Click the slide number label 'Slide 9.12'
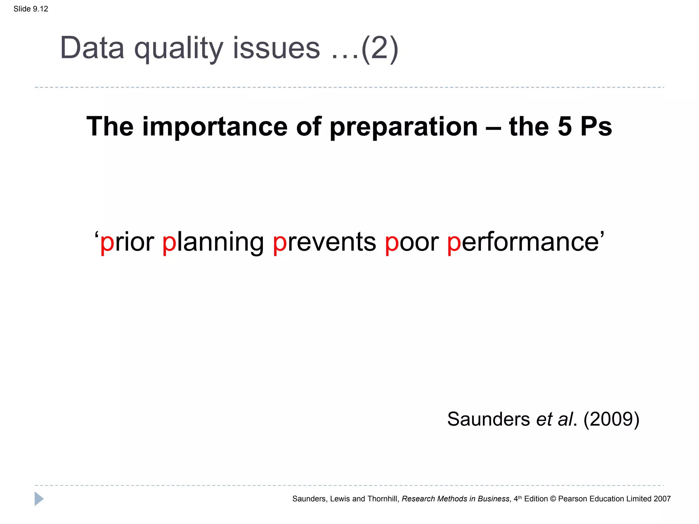coord(31,9)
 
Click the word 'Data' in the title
coord(92,48)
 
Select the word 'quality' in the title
coord(179,48)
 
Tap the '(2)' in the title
coord(380,48)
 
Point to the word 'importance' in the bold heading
coord(215,127)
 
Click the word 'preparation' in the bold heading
coord(403,127)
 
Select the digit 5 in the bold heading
coord(565,127)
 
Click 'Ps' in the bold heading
coord(596,127)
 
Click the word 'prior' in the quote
coord(127,242)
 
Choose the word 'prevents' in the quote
coord(324,242)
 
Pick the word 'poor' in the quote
coord(412,242)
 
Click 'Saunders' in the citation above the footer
coord(488,419)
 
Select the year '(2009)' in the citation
coord(611,419)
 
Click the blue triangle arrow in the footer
coord(39,499)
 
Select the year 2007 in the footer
coord(662,499)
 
